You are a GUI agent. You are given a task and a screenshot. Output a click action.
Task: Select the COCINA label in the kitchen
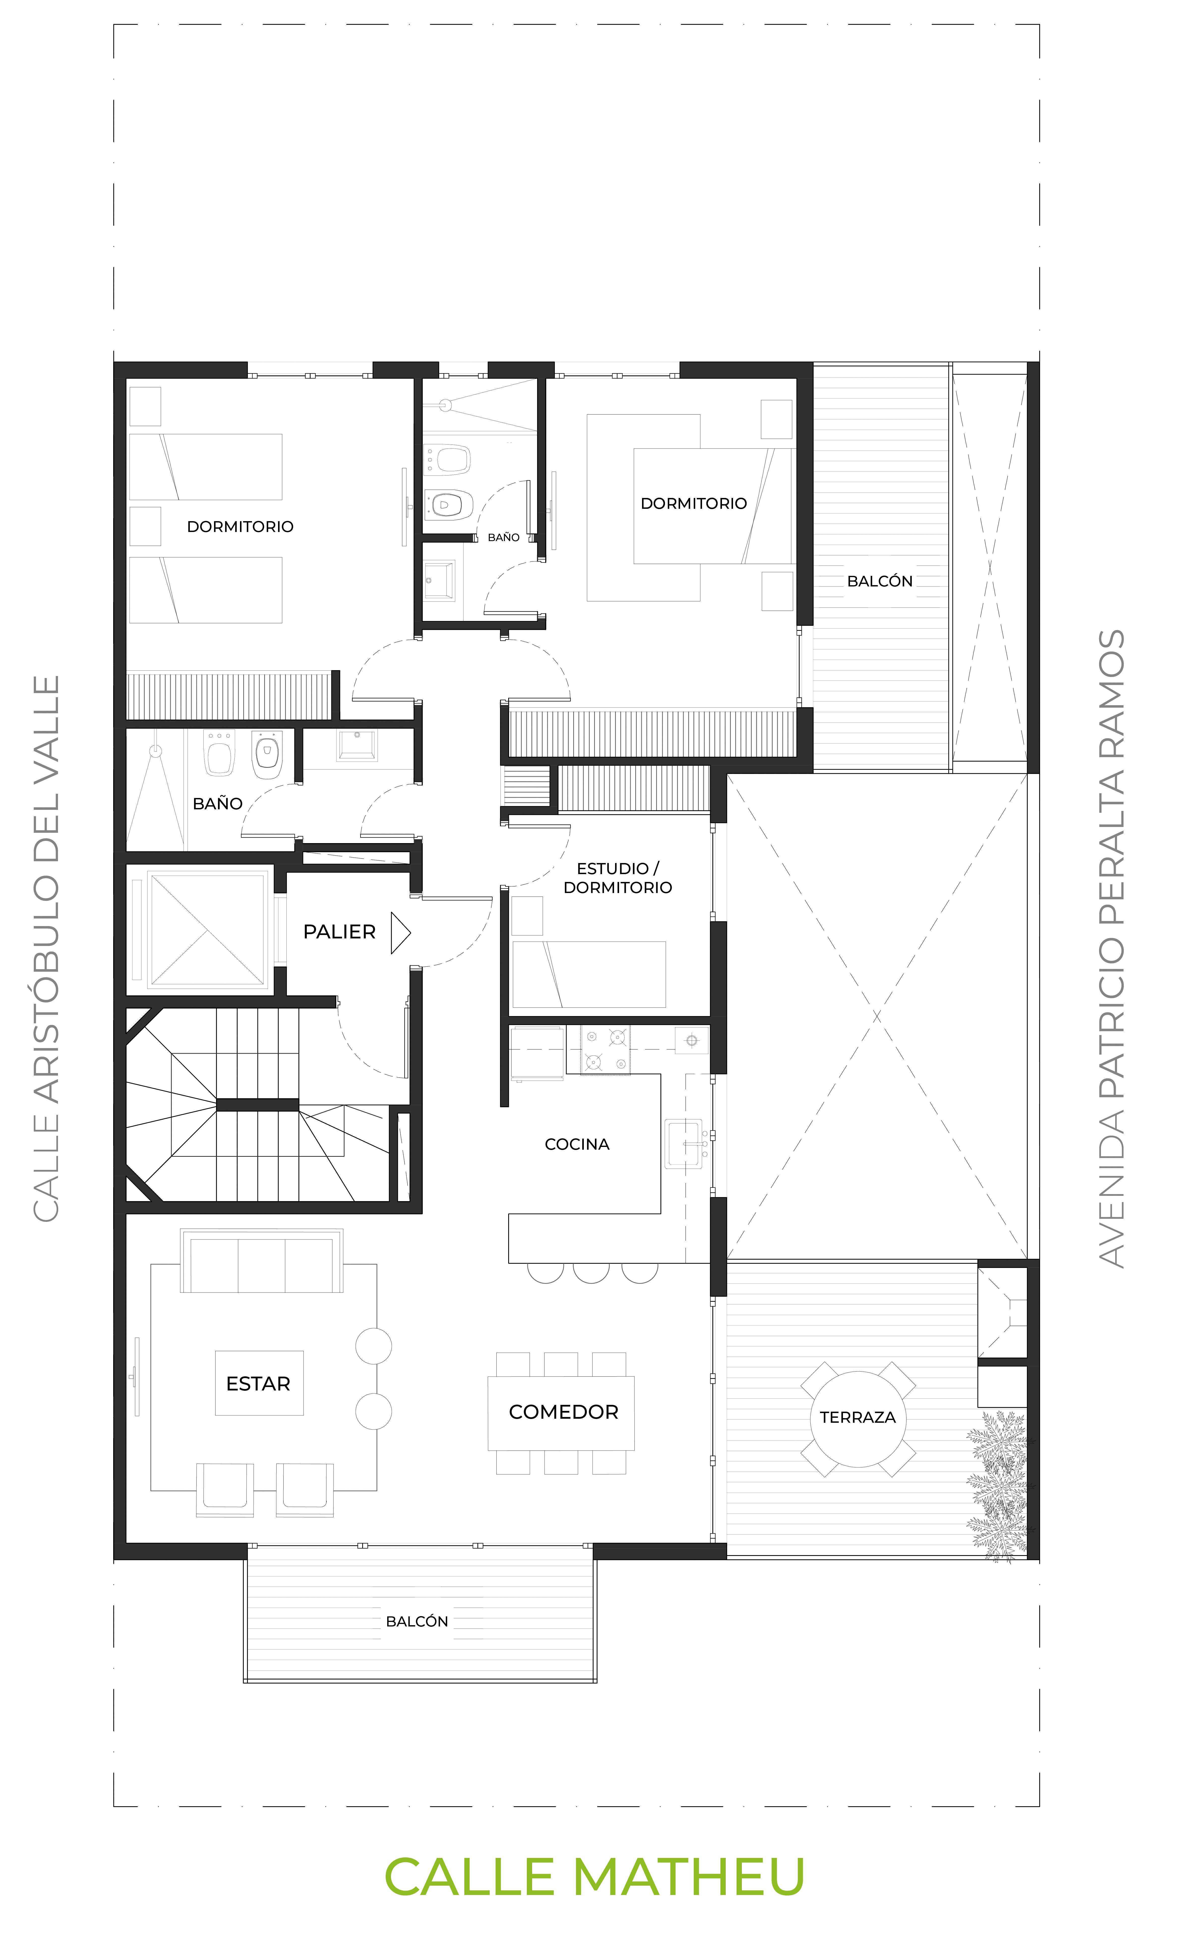pyautogui.click(x=577, y=1144)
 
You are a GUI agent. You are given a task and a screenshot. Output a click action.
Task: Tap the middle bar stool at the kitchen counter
pyautogui.click(x=591, y=1272)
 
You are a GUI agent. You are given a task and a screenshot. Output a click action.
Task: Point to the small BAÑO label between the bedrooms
pyautogui.click(x=504, y=538)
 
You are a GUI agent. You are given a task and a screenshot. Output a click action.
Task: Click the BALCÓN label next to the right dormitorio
pyautogui.click(x=880, y=581)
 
